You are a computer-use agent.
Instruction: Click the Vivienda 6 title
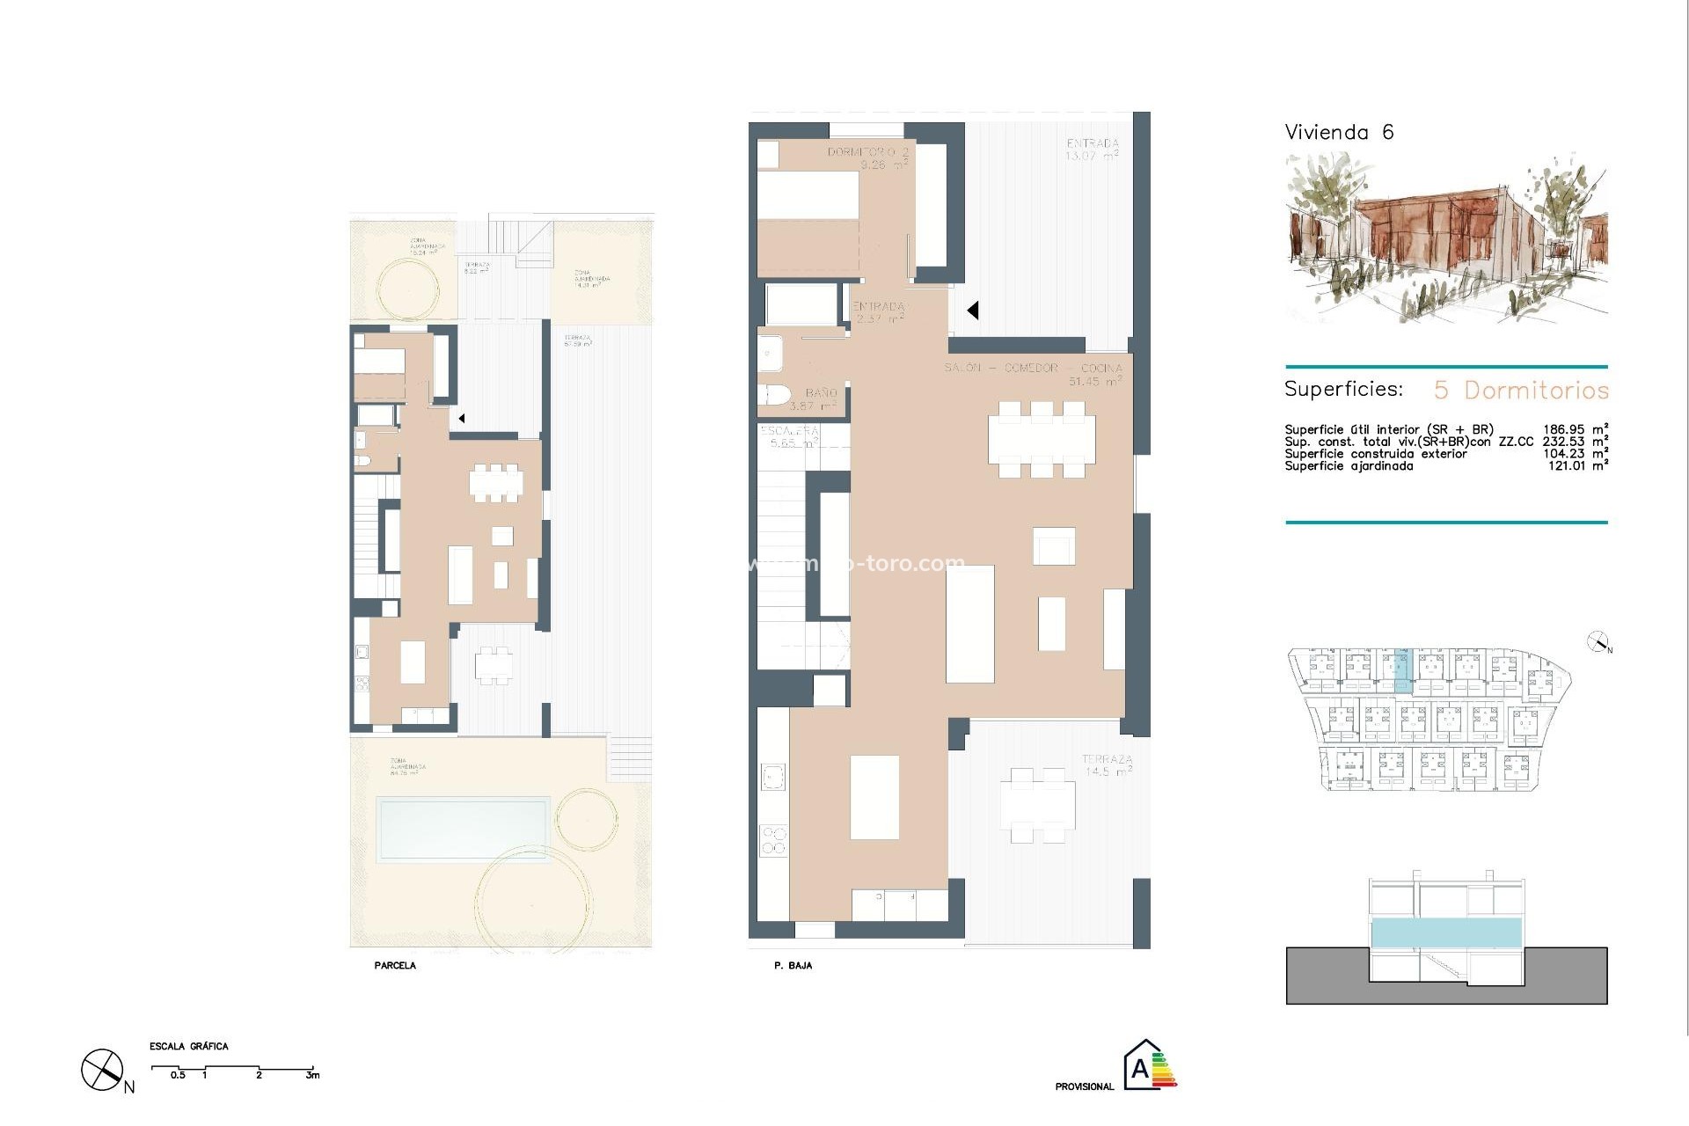coord(1339,132)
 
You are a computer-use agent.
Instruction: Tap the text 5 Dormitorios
coord(1521,390)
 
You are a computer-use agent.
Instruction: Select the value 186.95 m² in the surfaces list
coord(1575,429)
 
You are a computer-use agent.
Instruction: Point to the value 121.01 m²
coord(1577,465)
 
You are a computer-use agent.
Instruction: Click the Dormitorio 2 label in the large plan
coord(867,157)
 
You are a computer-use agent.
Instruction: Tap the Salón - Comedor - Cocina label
coord(1035,369)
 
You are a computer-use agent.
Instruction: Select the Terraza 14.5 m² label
coord(1107,764)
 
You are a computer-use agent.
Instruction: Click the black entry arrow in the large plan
coord(973,310)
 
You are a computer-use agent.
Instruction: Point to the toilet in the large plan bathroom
coord(774,395)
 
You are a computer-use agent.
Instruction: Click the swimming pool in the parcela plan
coord(463,829)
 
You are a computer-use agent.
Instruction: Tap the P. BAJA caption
coord(793,965)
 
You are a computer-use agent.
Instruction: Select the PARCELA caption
coord(395,965)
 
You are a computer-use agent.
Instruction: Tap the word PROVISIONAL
coord(1084,1086)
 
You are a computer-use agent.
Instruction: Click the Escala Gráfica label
coord(188,1046)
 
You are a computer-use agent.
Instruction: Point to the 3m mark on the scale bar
coord(312,1075)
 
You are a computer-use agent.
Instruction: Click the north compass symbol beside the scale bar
coord(103,1071)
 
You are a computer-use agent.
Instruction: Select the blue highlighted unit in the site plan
coord(1402,668)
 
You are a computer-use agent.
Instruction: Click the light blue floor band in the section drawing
coord(1446,932)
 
